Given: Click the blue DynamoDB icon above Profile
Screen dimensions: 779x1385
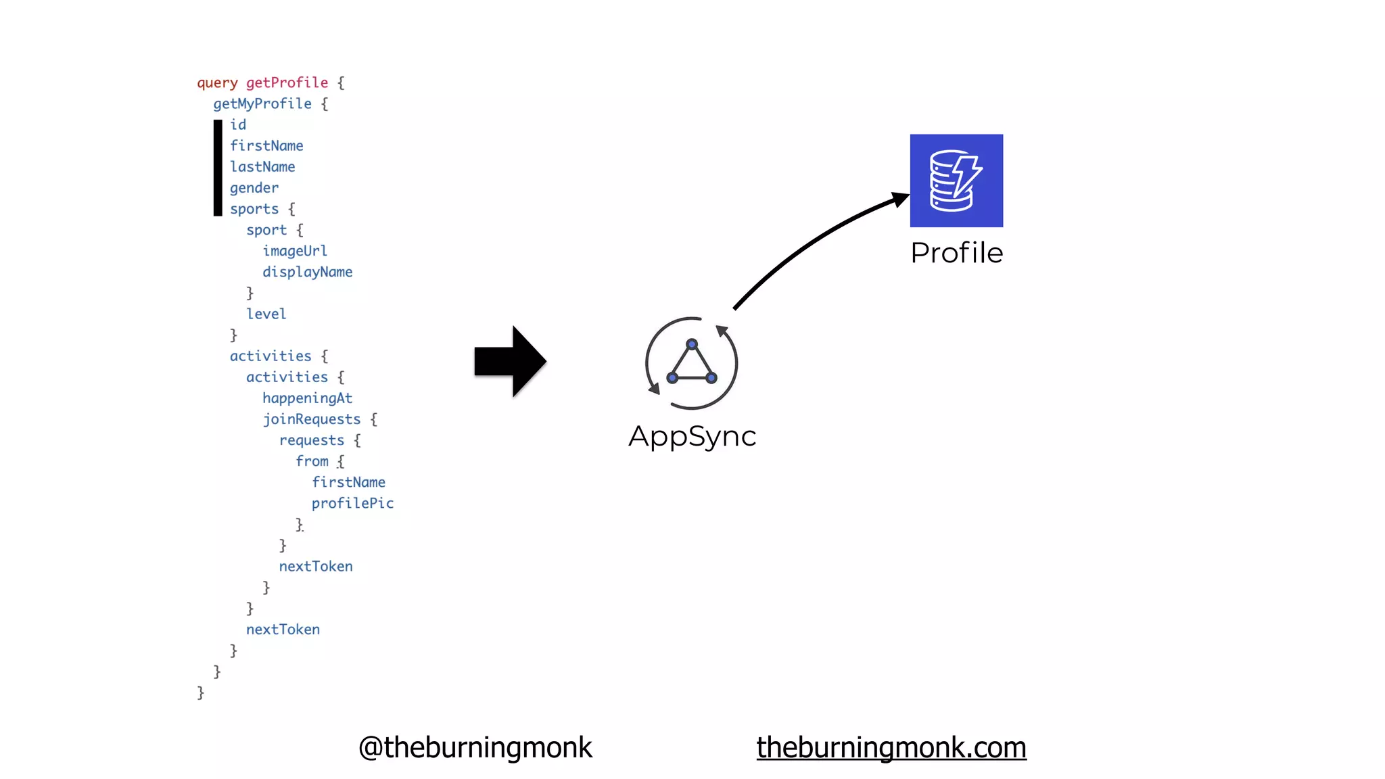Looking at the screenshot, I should tap(956, 181).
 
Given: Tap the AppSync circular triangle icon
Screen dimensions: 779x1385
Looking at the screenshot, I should tap(691, 363).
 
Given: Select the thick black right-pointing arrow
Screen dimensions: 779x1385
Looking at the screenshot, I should tap(510, 361).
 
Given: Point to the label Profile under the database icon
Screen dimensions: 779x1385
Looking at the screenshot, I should tap(956, 253).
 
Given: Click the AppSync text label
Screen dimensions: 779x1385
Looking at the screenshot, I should tap(692, 436).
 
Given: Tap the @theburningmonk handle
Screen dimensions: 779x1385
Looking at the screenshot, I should tap(475, 747).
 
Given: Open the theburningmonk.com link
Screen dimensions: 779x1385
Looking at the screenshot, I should tap(891, 747).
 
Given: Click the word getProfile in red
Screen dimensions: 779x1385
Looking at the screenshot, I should tap(287, 82).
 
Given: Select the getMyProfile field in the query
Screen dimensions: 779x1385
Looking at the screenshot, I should tap(262, 103).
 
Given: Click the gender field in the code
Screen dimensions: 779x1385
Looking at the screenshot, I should tap(254, 188).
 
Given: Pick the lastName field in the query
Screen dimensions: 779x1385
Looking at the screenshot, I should tap(262, 167).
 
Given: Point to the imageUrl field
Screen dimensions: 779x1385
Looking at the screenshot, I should tap(295, 251).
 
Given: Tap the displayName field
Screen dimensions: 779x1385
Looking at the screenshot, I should tap(307, 272).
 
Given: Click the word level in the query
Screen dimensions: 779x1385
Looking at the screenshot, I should tap(266, 314).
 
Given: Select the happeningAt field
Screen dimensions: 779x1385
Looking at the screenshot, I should tap(307, 398).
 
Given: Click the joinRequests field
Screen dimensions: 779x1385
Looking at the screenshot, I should tap(312, 419).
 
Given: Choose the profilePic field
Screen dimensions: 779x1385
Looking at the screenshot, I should tap(352, 503).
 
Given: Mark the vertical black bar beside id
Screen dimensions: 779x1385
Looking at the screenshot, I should tap(218, 168).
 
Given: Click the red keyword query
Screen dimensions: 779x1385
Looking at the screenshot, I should tap(217, 82).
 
